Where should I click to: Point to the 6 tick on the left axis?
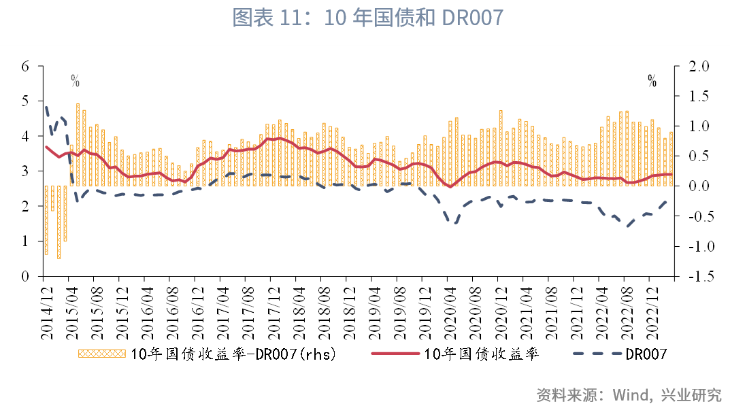click(x=25, y=66)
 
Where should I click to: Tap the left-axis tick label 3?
click(x=25, y=171)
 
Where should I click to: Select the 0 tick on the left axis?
click(x=25, y=277)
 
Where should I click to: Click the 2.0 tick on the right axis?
click(x=699, y=66)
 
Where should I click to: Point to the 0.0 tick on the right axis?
click(x=699, y=186)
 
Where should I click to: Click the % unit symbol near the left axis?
click(x=75, y=82)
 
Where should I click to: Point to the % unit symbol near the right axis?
click(x=652, y=82)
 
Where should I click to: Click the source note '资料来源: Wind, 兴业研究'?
click(x=629, y=394)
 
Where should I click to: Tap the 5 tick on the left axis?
click(x=25, y=101)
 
